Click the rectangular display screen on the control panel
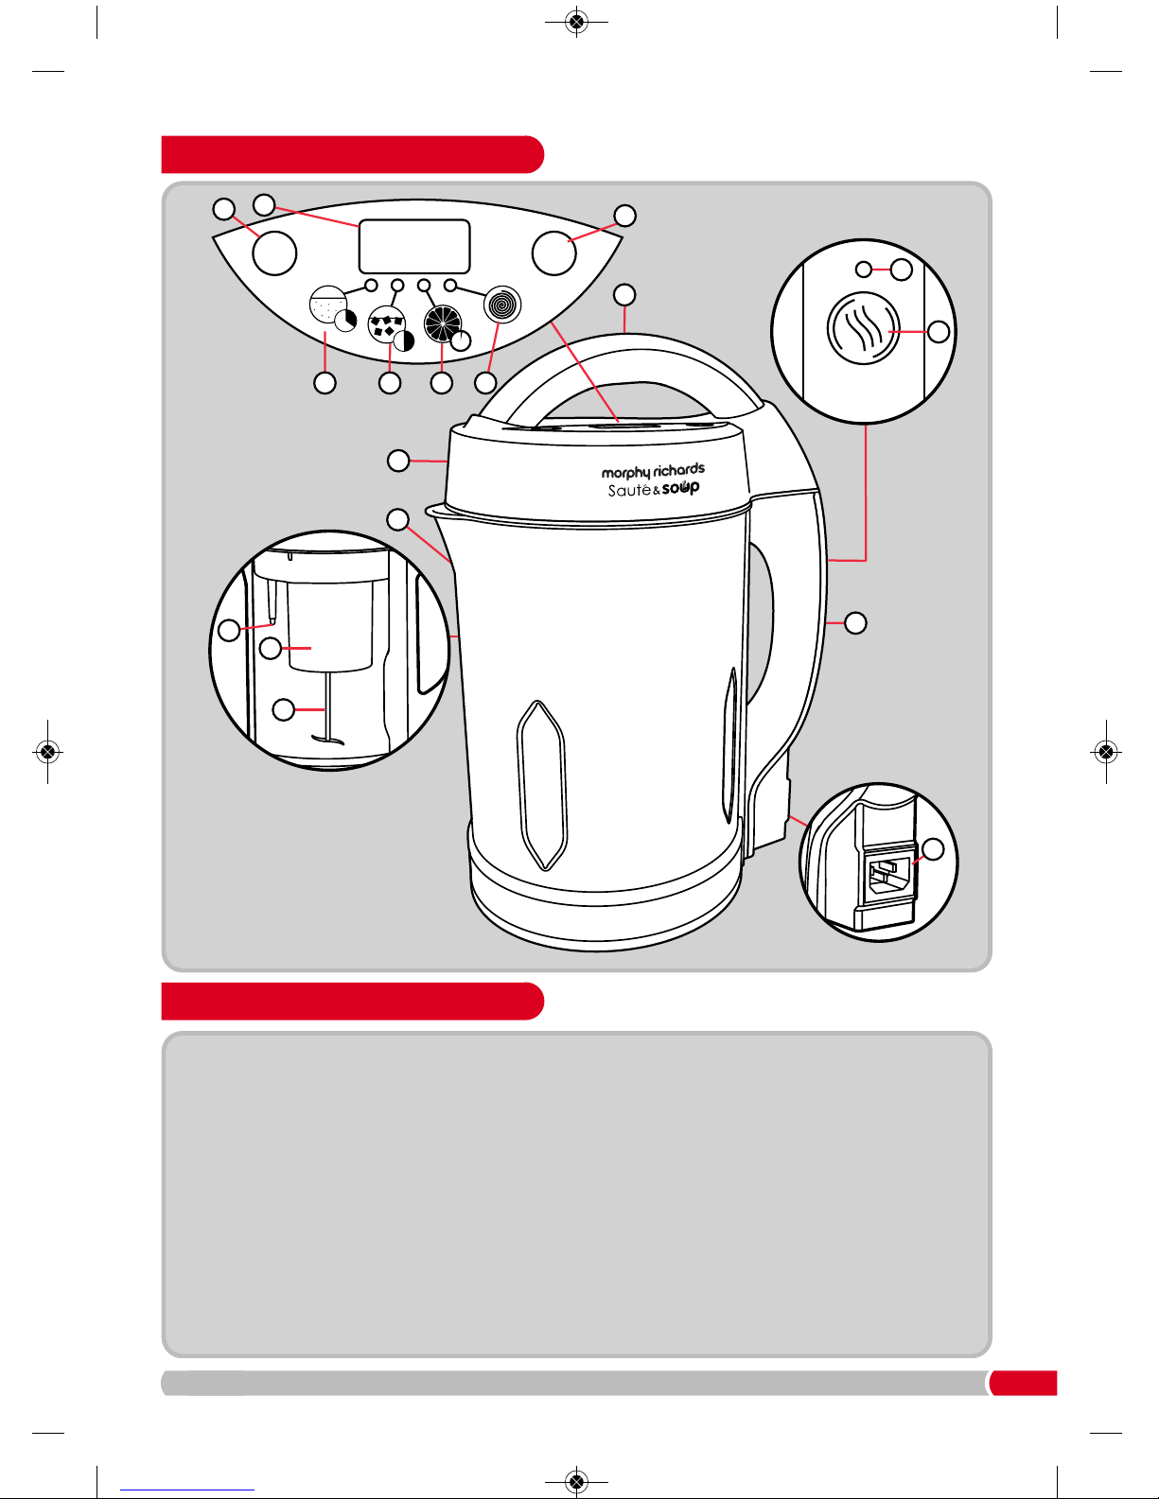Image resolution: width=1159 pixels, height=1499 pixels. (414, 246)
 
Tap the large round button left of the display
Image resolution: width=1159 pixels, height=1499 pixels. (274, 253)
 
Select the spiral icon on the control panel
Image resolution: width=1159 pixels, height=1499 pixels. (502, 305)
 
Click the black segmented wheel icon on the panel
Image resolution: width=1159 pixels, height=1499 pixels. (442, 323)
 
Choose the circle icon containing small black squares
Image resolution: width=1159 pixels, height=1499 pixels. (386, 325)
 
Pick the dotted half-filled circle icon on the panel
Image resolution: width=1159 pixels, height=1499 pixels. (328, 305)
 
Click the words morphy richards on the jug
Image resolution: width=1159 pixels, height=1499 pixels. (653, 471)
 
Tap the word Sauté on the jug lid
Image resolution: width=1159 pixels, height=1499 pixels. (629, 491)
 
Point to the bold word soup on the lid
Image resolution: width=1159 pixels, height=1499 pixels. (681, 488)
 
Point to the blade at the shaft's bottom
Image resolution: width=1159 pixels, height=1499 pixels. (327, 741)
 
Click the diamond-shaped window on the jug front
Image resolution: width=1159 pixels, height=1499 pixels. (542, 785)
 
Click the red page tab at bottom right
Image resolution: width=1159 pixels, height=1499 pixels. (1023, 1383)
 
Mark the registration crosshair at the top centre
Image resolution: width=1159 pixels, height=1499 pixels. (577, 22)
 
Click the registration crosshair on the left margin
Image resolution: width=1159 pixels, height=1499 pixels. (47, 751)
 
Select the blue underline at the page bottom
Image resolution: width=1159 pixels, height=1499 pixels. (187, 1490)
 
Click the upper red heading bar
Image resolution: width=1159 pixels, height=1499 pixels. (353, 154)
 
